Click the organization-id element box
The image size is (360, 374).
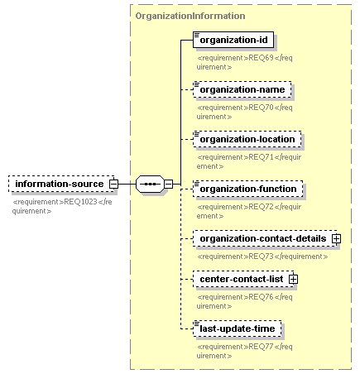[x=233, y=40]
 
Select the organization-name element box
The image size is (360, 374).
[x=242, y=89]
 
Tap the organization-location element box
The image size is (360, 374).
[x=247, y=139]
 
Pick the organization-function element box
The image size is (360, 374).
[x=248, y=189]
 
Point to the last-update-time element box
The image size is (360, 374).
[x=238, y=328]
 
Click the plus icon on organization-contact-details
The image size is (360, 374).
[x=336, y=238]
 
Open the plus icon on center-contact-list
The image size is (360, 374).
[x=293, y=279]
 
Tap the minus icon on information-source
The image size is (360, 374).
[x=113, y=184]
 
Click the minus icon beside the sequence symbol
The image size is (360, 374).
[x=169, y=184]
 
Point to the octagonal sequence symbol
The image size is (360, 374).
[x=150, y=184]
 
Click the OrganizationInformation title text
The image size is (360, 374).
[x=190, y=16]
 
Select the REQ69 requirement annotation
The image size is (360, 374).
[x=245, y=62]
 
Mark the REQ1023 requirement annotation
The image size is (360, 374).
[x=62, y=206]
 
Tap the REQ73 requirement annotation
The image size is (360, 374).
[x=262, y=257]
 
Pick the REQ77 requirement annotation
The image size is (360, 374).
[x=245, y=351]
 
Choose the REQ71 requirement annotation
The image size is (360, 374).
[x=249, y=161]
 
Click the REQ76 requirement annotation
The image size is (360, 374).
[x=245, y=301]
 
